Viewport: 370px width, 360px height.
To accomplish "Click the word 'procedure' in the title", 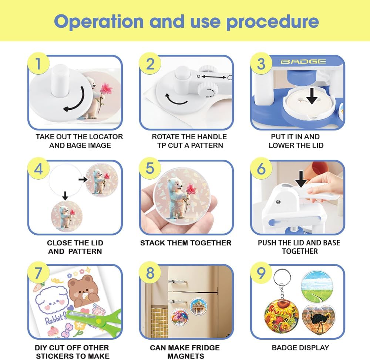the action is [273, 22].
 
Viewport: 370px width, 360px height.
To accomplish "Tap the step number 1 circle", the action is [38, 64].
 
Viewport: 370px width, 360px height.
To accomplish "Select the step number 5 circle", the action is [150, 168].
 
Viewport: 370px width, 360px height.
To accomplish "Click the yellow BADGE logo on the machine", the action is [303, 61].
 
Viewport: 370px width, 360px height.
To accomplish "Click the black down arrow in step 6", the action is [301, 179].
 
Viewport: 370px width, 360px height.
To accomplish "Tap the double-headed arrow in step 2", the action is [213, 77].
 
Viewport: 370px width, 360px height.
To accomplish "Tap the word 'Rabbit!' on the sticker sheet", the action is [55, 319].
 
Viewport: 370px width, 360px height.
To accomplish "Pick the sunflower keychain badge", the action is [281, 316].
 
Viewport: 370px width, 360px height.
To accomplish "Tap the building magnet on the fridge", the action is [198, 306].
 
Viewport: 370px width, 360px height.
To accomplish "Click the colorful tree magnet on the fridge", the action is [179, 317].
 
